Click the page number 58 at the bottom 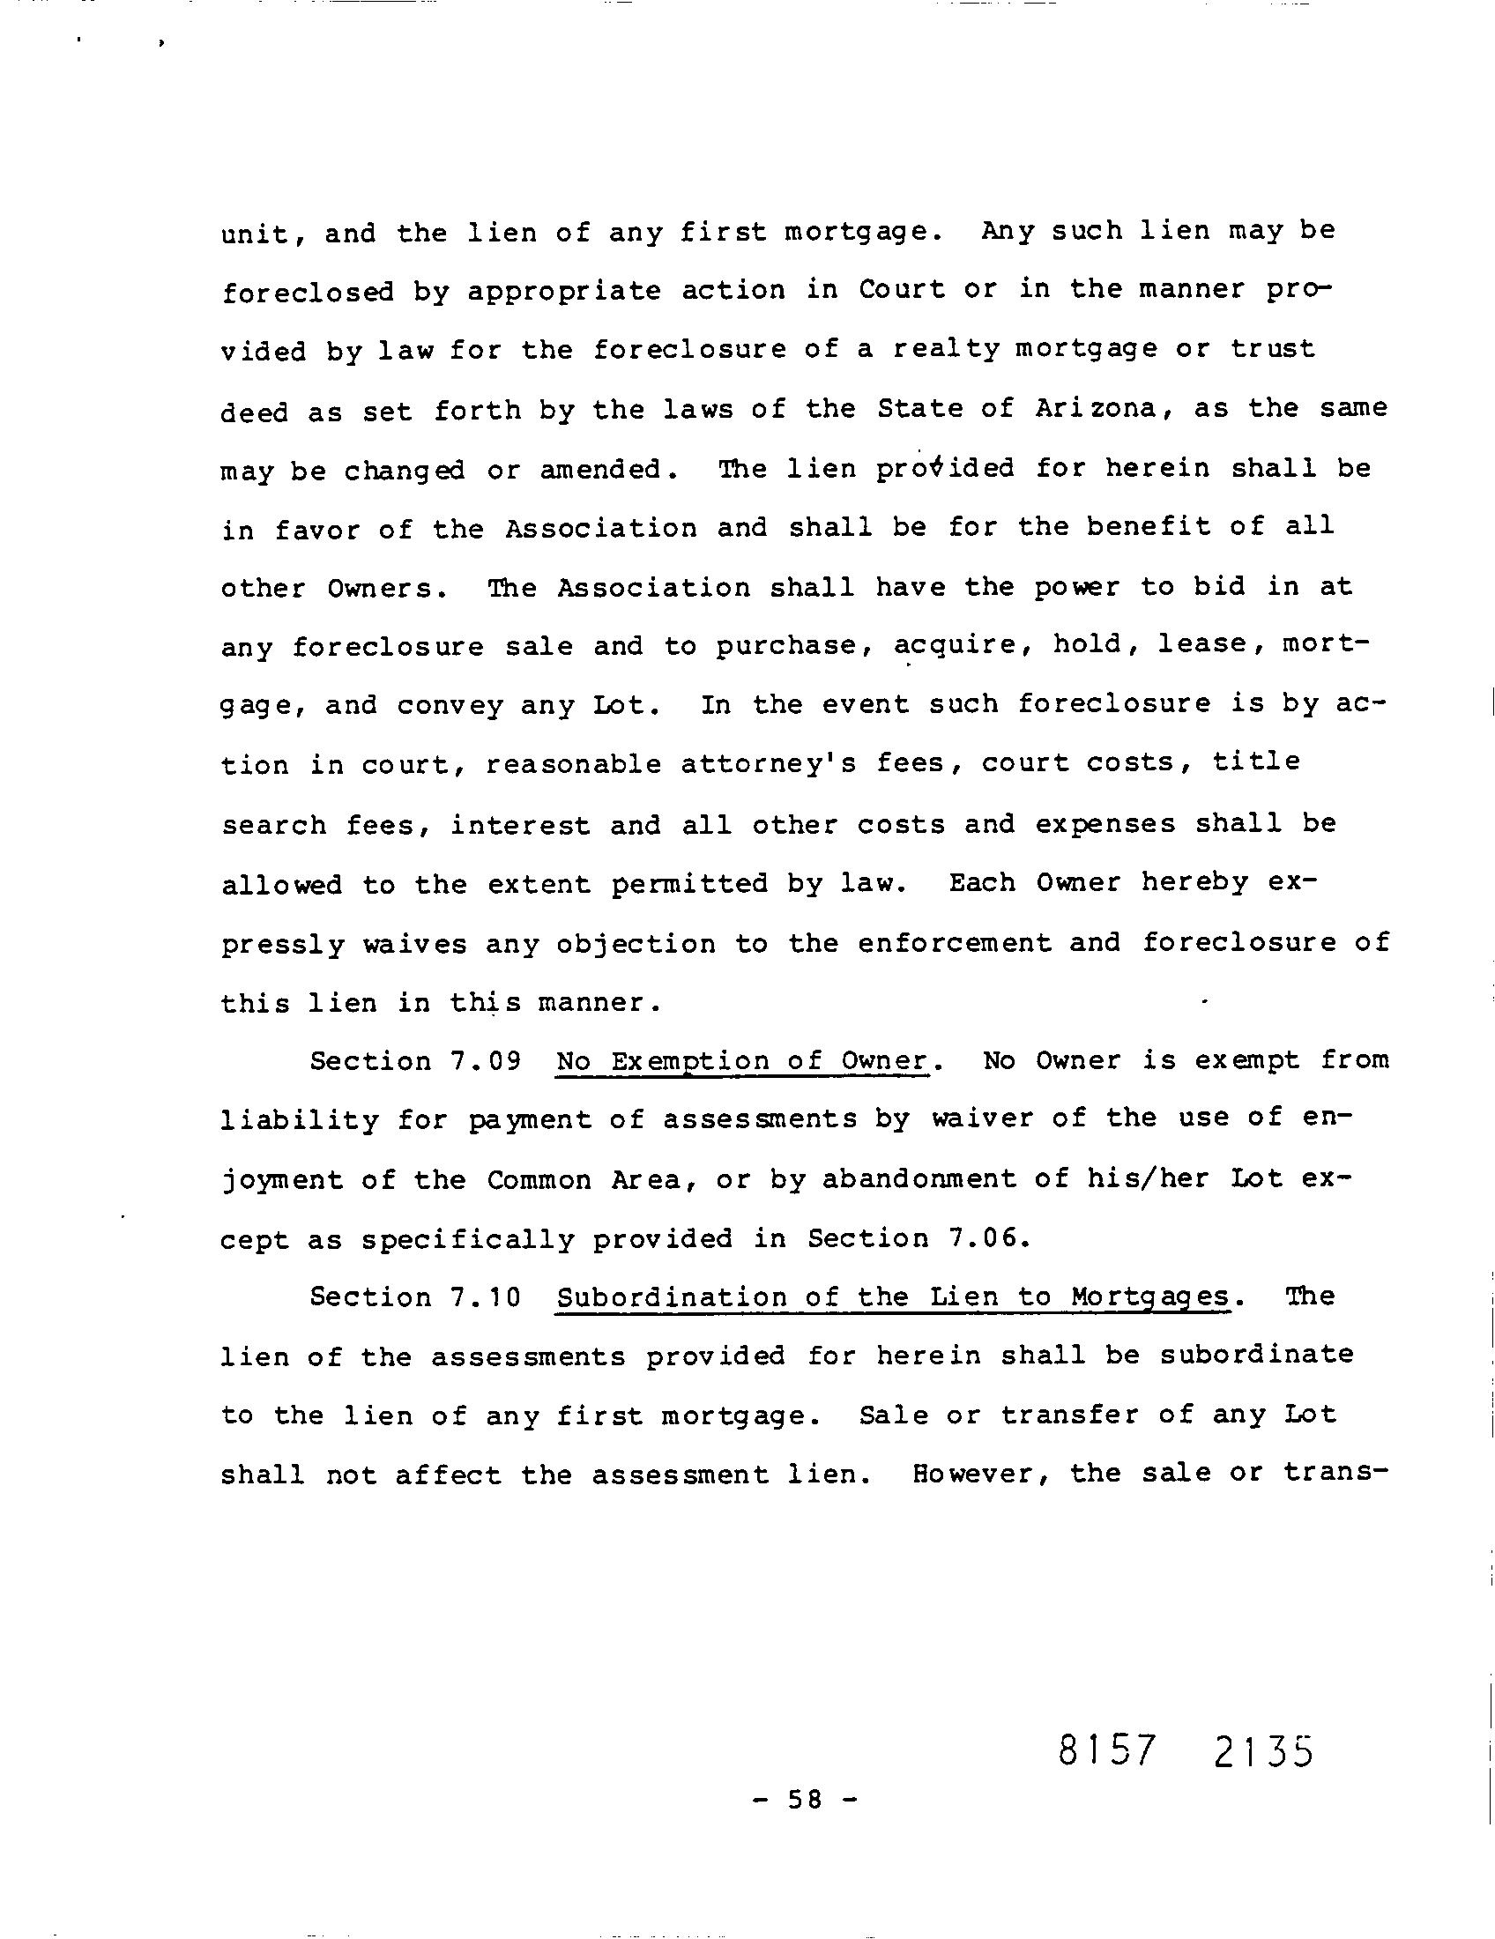pos(803,1800)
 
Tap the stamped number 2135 pos(1261,1750)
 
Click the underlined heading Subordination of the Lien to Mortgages pos(892,1297)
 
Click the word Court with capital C pos(901,289)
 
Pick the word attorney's pos(768,763)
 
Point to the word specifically pos(467,1238)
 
